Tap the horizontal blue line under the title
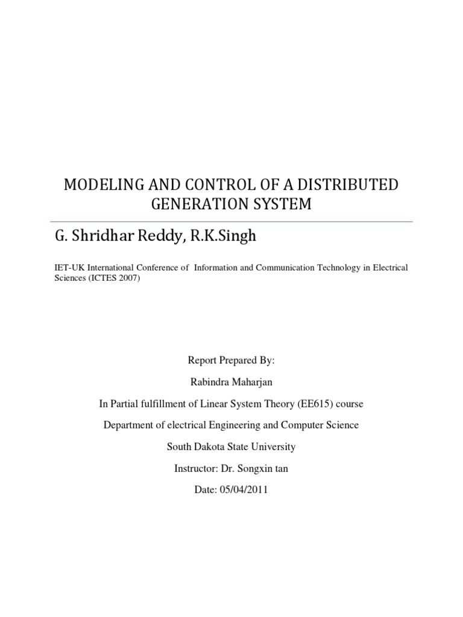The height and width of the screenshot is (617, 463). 231,222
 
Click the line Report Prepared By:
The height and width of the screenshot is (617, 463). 231,360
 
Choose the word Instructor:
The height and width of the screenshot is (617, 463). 195,468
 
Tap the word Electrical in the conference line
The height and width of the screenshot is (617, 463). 389,266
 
